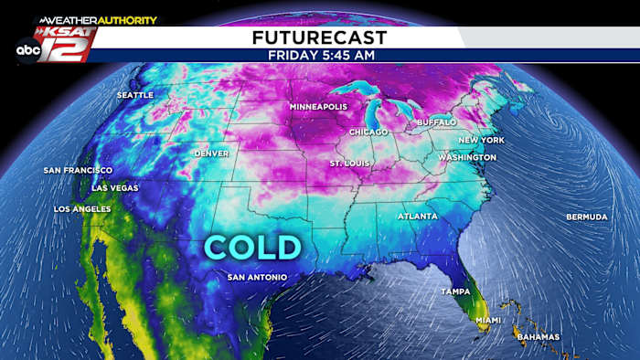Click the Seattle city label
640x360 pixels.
coord(134,95)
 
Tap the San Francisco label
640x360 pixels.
coord(78,170)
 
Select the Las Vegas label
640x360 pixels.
coord(115,187)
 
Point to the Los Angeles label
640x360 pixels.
coord(82,209)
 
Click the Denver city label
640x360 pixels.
coord(212,154)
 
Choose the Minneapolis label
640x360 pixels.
coord(319,107)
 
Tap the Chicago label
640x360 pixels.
coord(368,132)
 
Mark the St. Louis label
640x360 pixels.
coord(351,164)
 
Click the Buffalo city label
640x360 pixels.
coord(436,122)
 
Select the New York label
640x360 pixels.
coord(481,140)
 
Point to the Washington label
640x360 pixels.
coord(467,157)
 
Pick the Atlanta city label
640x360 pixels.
coord(417,217)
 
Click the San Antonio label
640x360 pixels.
coord(257,277)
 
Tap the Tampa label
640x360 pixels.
coord(454,291)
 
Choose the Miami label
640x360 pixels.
coord(488,320)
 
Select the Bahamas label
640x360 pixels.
coord(537,337)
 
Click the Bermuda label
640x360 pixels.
coord(586,217)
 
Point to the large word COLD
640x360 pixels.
coord(251,247)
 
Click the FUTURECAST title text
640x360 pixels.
coord(319,37)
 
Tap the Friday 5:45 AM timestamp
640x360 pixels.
coord(319,55)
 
